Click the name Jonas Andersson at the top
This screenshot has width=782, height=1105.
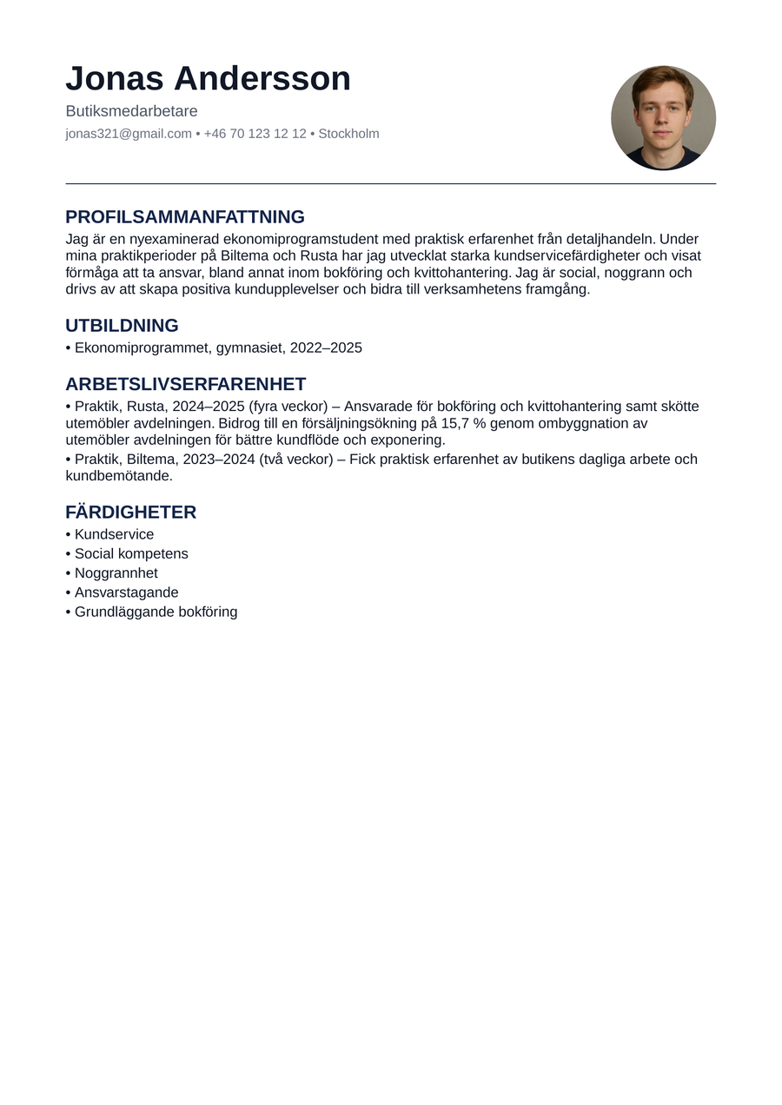(x=208, y=79)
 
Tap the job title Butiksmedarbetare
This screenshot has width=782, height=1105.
(x=131, y=111)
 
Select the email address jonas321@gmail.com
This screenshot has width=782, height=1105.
(x=129, y=134)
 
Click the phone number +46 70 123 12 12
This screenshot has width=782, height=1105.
(x=255, y=134)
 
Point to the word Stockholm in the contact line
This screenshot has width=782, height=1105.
(x=348, y=134)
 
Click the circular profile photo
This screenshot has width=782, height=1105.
(x=663, y=117)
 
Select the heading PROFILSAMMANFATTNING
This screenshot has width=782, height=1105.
(x=185, y=217)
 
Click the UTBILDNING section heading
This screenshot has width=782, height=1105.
(x=122, y=326)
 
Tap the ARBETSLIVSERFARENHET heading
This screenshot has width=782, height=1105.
(x=186, y=384)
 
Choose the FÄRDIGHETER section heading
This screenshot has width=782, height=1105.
(x=130, y=513)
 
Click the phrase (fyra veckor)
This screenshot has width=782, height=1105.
(x=288, y=407)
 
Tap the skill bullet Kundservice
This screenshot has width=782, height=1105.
(x=114, y=534)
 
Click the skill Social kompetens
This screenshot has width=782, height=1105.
(x=131, y=554)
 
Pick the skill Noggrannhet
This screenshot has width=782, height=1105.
(x=116, y=573)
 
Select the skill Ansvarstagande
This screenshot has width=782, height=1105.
(x=126, y=592)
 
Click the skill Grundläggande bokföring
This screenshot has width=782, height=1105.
(x=156, y=612)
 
